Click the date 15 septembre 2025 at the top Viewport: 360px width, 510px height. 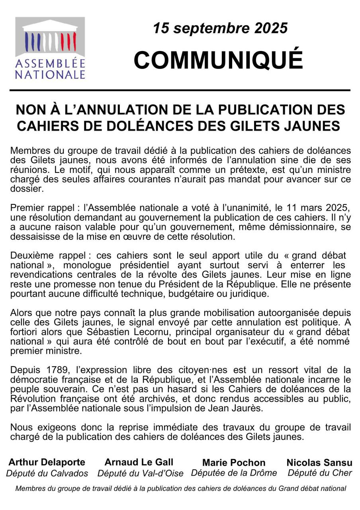coord(220,28)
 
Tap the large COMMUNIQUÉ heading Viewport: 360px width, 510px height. coord(218,60)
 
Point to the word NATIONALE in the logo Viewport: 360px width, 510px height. coord(50,75)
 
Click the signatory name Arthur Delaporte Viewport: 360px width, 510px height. coord(47,462)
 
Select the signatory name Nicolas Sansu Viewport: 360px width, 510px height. coord(319,463)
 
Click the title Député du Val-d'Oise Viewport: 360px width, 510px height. coord(140,473)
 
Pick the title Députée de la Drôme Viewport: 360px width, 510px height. coord(234,473)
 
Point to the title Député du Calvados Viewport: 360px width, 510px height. coord(47,473)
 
